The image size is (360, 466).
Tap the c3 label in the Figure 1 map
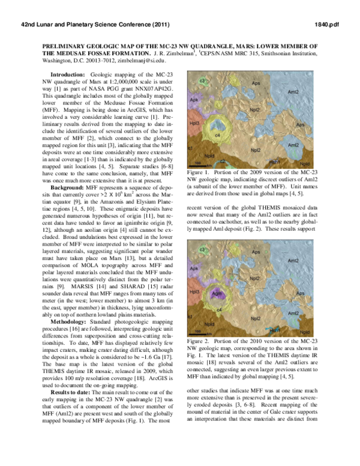203,80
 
